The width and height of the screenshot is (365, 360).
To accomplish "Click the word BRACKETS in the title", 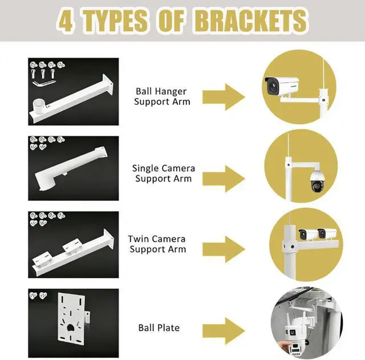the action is click(252, 21).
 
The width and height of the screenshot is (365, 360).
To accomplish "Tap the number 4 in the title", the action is click(66, 21).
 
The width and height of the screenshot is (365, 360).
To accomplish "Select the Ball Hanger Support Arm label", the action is click(162, 96).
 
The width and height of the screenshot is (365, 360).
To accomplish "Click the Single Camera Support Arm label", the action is click(164, 173).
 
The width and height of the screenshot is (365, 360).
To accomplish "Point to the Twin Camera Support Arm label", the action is click(157, 244).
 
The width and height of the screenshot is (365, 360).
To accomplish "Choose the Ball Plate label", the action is click(159, 327).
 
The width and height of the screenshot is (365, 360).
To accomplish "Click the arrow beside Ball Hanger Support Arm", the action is click(224, 97).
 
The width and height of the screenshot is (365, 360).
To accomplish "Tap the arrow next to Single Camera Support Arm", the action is click(224, 179).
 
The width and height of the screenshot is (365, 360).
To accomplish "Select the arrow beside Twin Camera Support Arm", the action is click(224, 249).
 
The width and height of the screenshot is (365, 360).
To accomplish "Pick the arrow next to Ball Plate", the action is click(224, 331).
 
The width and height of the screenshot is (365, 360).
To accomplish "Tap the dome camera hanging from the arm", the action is click(317, 182).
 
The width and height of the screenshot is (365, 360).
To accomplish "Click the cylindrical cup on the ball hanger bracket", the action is click(38, 106).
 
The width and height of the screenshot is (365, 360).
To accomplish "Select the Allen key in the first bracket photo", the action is click(44, 83).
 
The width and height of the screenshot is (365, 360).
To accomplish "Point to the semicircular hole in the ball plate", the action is click(70, 327).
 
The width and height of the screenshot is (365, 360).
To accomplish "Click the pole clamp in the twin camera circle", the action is click(289, 246).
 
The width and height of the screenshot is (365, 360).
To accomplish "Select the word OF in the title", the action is click(171, 21).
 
